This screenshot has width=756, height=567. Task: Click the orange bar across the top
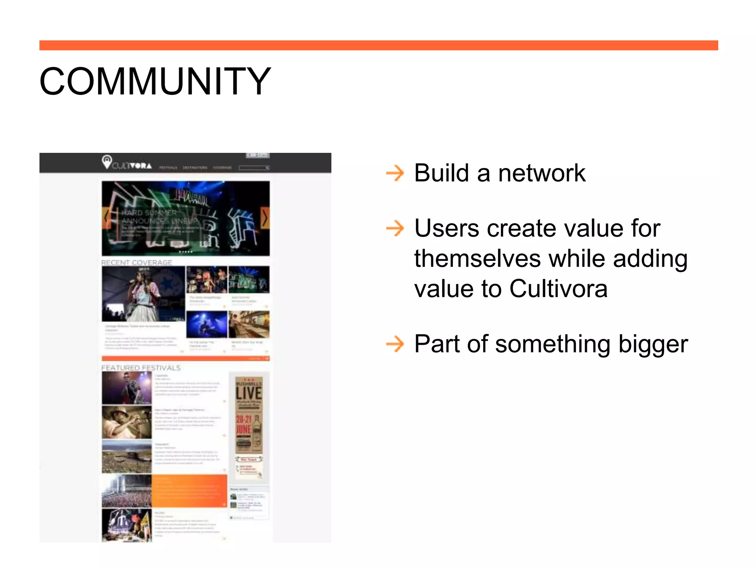(x=378, y=45)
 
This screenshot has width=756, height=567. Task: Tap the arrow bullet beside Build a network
(x=395, y=173)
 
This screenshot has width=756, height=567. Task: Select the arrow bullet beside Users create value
(x=395, y=228)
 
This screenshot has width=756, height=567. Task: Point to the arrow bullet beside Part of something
(x=395, y=344)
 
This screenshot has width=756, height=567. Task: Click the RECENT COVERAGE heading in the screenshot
(x=137, y=262)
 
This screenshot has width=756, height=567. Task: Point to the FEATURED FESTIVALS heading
(x=141, y=368)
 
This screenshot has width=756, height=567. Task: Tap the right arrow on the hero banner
(x=265, y=218)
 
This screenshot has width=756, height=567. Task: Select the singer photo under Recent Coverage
(x=143, y=293)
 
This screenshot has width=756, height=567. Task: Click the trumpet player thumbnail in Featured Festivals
(x=127, y=422)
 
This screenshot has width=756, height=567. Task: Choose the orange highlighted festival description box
(x=189, y=491)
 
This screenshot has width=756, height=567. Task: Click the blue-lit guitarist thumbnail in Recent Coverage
(x=206, y=324)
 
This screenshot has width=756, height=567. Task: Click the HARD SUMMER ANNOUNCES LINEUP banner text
(x=159, y=217)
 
